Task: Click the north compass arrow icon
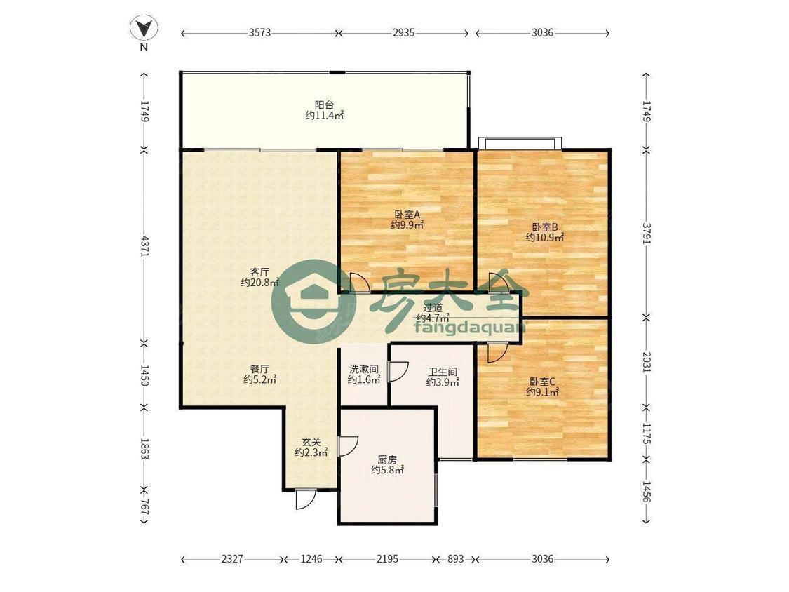tap(144, 28)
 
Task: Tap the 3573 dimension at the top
tap(259, 33)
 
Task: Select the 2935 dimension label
tap(403, 33)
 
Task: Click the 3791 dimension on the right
tap(646, 234)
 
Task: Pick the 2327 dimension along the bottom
tap(232, 559)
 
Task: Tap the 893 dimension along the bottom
tap(455, 559)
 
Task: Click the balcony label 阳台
tap(324, 105)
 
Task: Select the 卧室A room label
tap(407, 214)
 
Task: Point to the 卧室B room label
tap(544, 227)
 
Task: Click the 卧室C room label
tap(542, 382)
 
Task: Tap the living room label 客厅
tap(259, 272)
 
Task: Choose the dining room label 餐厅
tap(259, 368)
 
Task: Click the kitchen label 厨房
tap(387, 459)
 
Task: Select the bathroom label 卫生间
tap(443, 372)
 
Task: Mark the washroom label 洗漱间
tap(364, 368)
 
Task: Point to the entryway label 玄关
tap(311, 442)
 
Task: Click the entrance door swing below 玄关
tap(306, 499)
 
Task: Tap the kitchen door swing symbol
tap(348, 445)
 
